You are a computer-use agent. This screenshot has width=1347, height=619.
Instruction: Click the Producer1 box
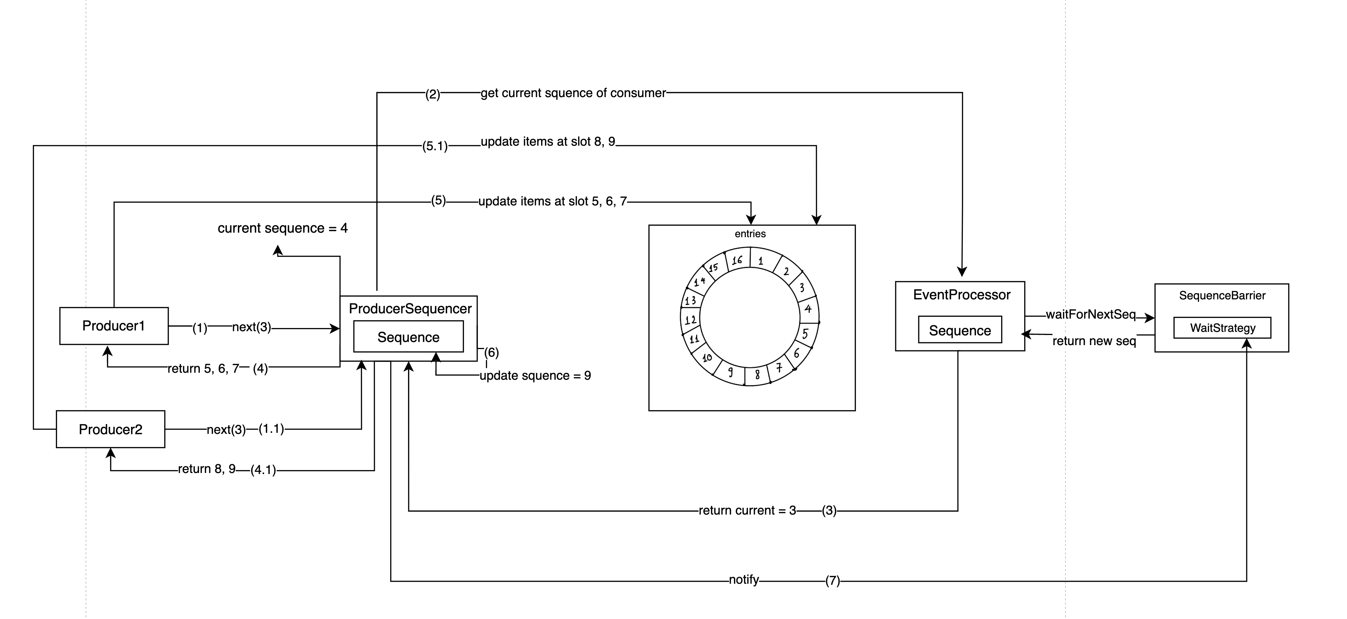click(x=114, y=326)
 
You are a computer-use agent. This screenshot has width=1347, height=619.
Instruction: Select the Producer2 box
click(x=110, y=429)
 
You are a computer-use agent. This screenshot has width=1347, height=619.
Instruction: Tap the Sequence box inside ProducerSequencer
click(x=408, y=337)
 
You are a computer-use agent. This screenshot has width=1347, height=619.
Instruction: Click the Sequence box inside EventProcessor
click(x=960, y=330)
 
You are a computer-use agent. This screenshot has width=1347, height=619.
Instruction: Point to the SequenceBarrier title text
click(x=1222, y=296)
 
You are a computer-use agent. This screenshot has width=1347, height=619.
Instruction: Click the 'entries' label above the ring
click(x=750, y=234)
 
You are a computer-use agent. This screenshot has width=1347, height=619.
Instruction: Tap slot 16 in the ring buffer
click(x=737, y=260)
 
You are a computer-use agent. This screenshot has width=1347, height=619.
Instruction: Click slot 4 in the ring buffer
click(x=808, y=308)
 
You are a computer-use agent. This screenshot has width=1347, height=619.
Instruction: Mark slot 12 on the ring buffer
click(x=690, y=319)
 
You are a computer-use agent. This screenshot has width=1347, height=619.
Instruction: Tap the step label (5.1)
click(x=435, y=146)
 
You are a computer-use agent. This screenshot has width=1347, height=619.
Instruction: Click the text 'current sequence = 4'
click(x=282, y=228)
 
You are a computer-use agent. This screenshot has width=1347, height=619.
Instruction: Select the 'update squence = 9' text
click(x=535, y=376)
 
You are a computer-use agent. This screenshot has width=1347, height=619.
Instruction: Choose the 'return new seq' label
click(x=1094, y=341)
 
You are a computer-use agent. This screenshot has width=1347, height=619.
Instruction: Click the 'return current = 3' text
click(x=747, y=510)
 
